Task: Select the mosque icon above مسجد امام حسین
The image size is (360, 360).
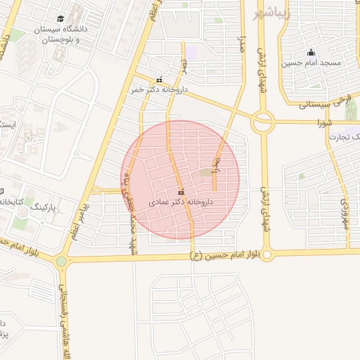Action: (311, 52)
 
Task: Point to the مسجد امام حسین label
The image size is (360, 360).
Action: (311, 63)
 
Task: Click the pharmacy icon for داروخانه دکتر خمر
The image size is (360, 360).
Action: (160, 79)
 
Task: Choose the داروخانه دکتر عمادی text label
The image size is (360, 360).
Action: (180, 202)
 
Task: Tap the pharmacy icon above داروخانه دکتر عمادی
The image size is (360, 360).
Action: (181, 192)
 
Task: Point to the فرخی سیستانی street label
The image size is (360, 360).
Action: (324, 103)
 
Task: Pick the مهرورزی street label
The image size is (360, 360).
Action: (344, 211)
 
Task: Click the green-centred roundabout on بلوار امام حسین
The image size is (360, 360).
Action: (61, 262)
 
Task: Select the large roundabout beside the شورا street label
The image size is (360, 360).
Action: (263, 122)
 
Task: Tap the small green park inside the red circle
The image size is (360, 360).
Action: (205, 172)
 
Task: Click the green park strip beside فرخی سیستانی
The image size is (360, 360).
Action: (350, 108)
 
